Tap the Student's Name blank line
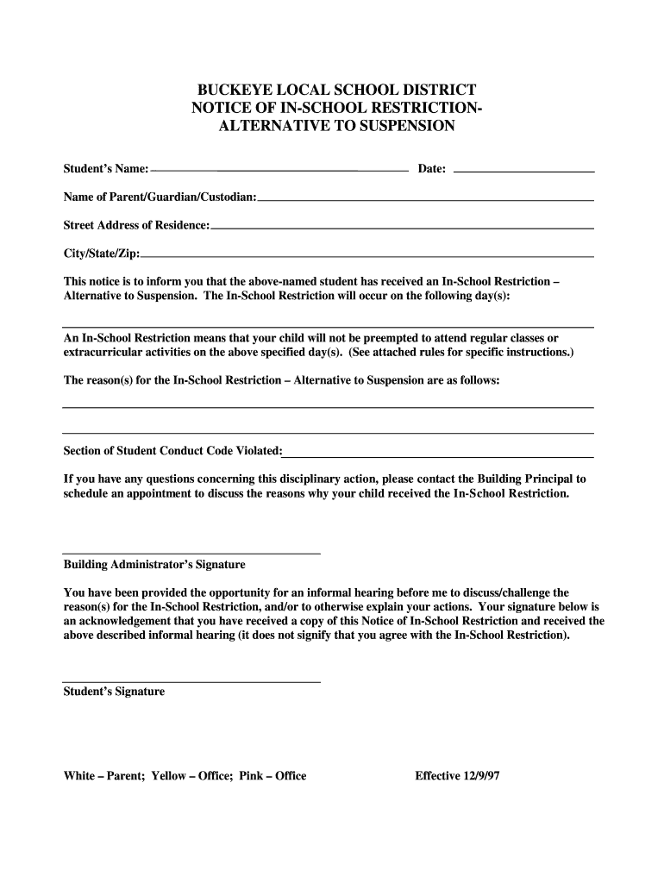pyautogui.click(x=279, y=172)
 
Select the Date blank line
pyautogui.click(x=523, y=172)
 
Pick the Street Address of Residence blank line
pyautogui.click(x=402, y=228)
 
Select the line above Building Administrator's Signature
pyautogui.click(x=191, y=553)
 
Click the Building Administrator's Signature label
pyautogui.click(x=154, y=565)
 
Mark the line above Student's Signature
pyautogui.click(x=191, y=681)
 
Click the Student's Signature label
pyautogui.click(x=114, y=692)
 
